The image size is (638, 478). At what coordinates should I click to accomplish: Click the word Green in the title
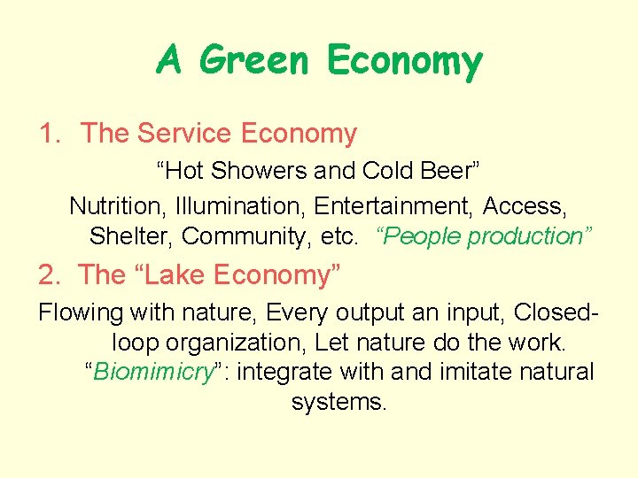click(256, 61)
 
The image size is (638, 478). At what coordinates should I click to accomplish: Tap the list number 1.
click(47, 134)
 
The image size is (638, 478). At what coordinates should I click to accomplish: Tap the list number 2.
click(47, 274)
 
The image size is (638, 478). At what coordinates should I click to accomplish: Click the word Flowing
click(82, 312)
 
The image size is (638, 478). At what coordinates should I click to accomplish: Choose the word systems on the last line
click(338, 401)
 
